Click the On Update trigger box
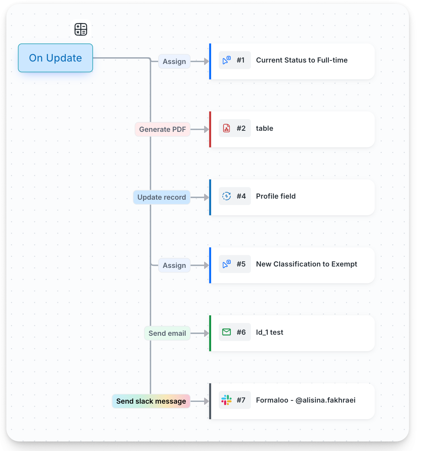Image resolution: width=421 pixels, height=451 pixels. coord(55,58)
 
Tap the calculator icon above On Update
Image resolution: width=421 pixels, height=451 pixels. coord(81,29)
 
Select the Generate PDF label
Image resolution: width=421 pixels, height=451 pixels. coord(162,129)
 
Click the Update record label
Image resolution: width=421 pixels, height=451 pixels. coord(161,197)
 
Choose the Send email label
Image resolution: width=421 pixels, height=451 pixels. coord(167,333)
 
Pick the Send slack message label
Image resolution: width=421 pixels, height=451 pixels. coord(151,401)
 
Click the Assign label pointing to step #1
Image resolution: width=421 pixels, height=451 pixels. coord(174,61)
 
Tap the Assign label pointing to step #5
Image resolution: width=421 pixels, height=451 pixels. coord(174,265)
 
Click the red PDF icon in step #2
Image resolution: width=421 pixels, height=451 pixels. coord(226,128)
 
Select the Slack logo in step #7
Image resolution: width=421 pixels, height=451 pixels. coord(226,400)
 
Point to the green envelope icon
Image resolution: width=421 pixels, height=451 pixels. coord(226,332)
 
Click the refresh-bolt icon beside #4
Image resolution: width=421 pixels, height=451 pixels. coord(226,196)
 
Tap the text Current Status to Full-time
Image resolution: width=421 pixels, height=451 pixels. coord(302,60)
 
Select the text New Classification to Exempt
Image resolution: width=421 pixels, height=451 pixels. coord(306,264)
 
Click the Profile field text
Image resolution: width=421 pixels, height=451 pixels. coord(276,196)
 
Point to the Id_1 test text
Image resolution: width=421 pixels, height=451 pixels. coord(270,332)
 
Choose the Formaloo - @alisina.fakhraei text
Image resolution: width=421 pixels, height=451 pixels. coord(306,400)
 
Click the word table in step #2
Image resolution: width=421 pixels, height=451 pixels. coord(265,128)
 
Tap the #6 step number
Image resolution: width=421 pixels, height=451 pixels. coord(241,332)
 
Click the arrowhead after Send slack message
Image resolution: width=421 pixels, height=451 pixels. coord(206,401)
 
